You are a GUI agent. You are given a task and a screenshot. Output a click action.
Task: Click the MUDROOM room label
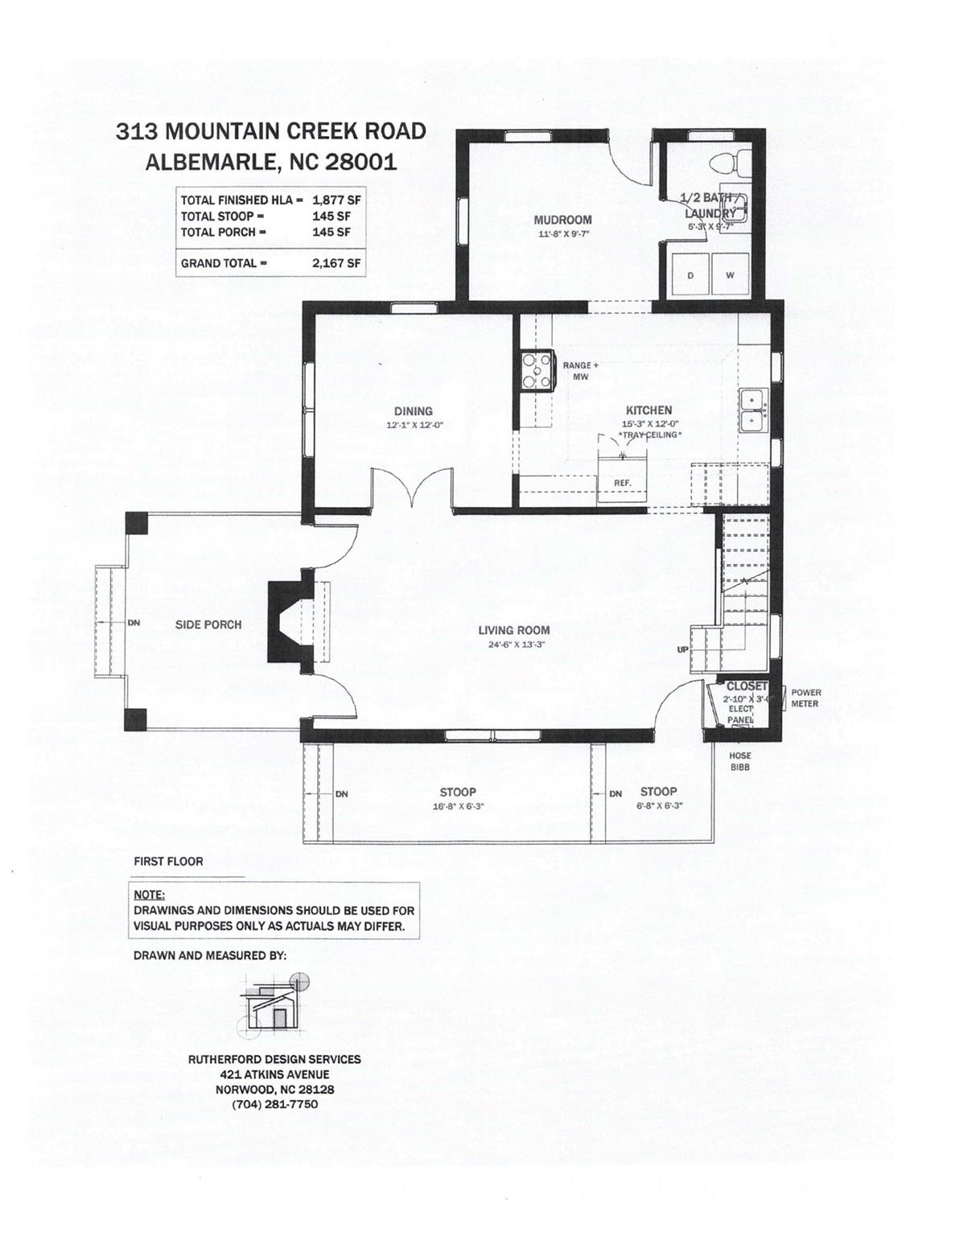[562, 220]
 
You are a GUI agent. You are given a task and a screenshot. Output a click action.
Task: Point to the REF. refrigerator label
[623, 483]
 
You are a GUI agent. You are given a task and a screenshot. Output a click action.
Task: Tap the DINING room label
[413, 411]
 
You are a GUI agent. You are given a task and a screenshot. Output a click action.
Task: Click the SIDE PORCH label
[208, 624]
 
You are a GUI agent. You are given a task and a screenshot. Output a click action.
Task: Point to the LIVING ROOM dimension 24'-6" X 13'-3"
[514, 644]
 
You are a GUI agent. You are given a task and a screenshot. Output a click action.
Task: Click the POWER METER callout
[805, 698]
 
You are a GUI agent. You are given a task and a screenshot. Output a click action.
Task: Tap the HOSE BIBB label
[739, 761]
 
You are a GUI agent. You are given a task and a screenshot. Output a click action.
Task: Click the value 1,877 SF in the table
[336, 200]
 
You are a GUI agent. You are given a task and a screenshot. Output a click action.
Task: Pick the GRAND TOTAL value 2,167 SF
[336, 263]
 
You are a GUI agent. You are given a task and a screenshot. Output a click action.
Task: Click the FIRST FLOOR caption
[168, 861]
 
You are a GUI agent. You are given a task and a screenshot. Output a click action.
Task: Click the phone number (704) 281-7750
[274, 1104]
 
